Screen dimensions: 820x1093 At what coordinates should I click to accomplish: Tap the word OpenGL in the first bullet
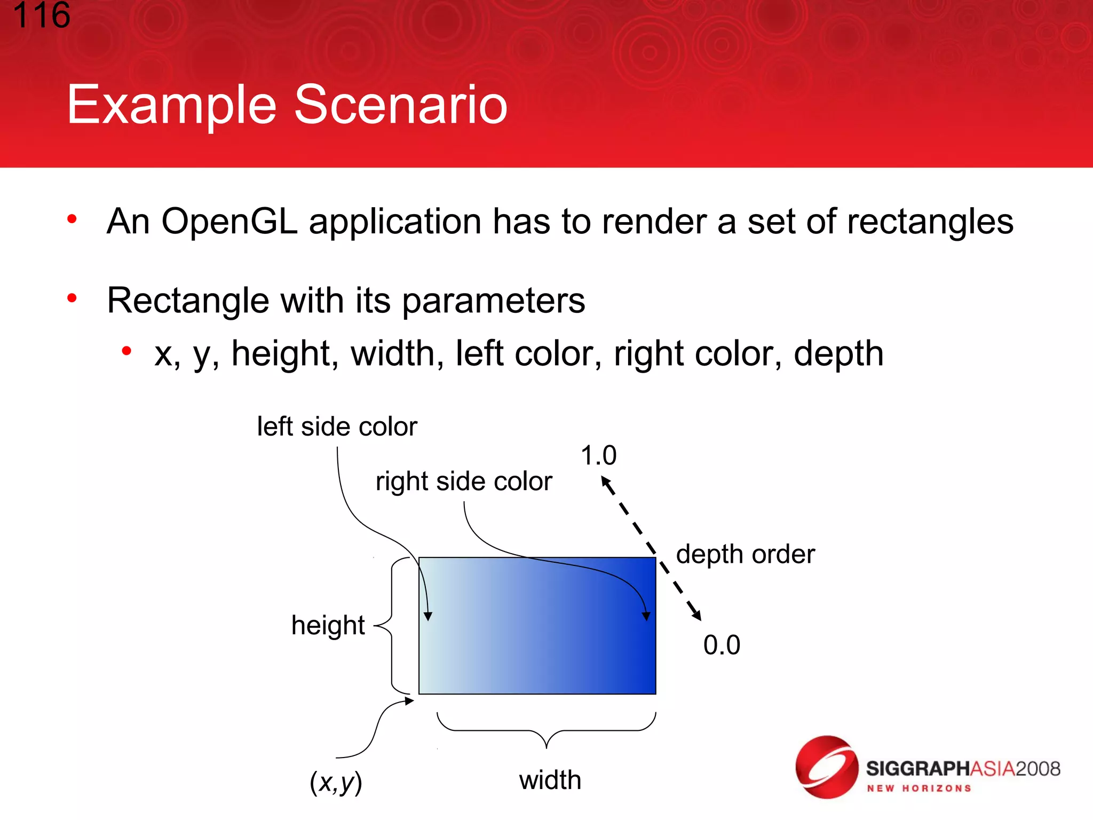229,222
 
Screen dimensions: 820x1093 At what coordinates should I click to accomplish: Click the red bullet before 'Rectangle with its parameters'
72,298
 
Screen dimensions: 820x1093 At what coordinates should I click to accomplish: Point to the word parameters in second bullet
493,301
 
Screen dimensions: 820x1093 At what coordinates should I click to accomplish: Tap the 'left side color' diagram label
337,427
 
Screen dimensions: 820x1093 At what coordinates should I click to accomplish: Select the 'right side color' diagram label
464,481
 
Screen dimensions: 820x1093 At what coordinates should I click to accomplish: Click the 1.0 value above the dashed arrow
598,456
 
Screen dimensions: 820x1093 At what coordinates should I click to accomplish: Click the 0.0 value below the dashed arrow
722,645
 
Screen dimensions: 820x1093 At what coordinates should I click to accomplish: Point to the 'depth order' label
745,554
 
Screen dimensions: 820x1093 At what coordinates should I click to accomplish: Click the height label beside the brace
328,625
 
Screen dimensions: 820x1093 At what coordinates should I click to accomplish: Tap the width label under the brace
550,780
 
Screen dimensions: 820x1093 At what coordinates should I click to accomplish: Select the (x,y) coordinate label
336,782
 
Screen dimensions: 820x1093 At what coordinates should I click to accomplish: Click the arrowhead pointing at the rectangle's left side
427,617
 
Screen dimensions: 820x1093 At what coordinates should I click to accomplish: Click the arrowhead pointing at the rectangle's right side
646,617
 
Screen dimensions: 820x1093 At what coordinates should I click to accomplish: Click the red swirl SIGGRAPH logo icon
826,767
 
